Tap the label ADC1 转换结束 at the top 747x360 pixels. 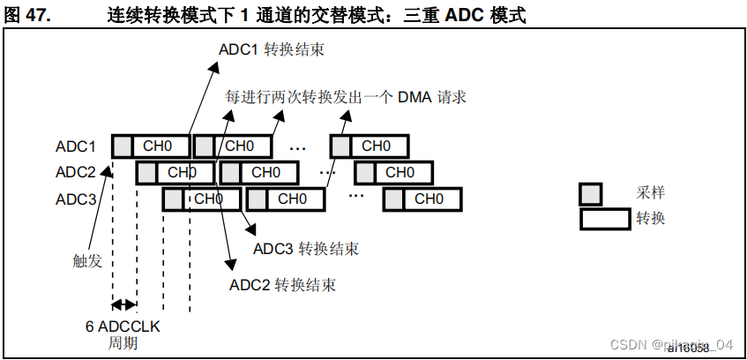(271, 49)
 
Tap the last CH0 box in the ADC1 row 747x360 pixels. (378, 146)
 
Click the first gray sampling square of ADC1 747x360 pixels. (123, 146)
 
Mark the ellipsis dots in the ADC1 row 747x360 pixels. (297, 147)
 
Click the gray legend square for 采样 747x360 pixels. (591, 193)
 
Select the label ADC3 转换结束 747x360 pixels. (306, 249)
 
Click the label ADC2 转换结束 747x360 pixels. (282, 284)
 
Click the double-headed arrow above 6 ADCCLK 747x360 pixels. (124, 305)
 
